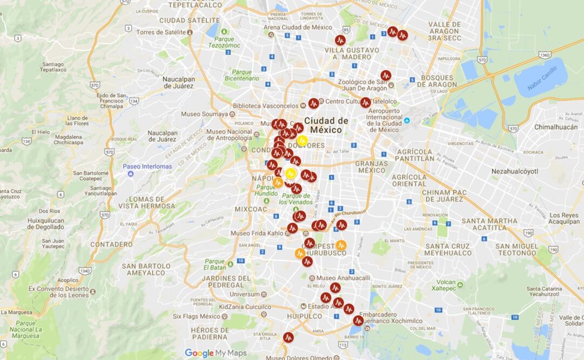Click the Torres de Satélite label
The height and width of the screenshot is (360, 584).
[160, 32]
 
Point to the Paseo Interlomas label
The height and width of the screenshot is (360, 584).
[147, 166]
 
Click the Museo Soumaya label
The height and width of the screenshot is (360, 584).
[204, 114]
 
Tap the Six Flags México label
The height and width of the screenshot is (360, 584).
[196, 316]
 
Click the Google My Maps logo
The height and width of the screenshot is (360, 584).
[216, 353]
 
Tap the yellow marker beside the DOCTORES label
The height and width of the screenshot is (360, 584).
[303, 141]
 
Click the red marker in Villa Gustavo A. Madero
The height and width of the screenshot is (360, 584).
[340, 40]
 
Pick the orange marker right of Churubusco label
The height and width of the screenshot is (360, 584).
[341, 245]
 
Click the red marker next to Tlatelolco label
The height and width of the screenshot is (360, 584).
[366, 102]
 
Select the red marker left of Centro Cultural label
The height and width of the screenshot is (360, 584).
[314, 103]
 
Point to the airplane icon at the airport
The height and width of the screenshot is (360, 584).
[407, 120]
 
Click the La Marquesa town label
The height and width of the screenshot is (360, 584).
[16, 312]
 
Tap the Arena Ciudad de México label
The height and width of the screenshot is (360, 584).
[298, 27]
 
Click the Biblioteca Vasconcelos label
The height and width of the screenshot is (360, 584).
[265, 106]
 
